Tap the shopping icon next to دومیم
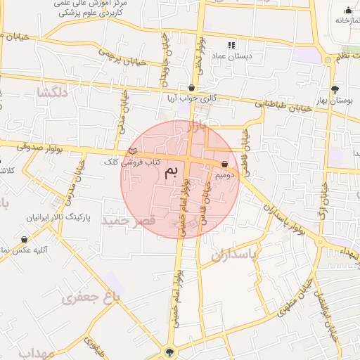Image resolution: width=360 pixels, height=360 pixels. click(224, 165)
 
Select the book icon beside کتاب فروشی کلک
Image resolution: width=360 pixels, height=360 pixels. click(133, 151)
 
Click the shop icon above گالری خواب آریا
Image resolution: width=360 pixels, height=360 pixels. click(191, 88)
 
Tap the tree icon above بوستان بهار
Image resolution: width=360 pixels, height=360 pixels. click(335, 89)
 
